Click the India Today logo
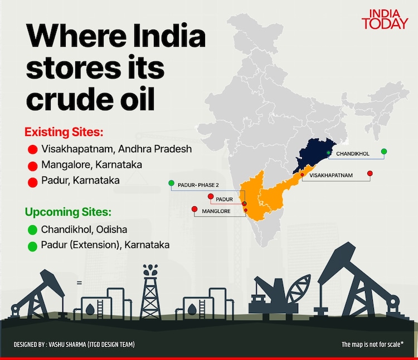384,18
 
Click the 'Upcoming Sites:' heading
67,212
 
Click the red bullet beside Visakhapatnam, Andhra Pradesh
32,149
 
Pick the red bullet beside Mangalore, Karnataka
32,166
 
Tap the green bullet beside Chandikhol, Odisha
32,229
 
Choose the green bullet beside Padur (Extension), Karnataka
32,245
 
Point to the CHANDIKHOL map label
353,154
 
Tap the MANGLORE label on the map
216,211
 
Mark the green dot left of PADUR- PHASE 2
172,183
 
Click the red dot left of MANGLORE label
194,210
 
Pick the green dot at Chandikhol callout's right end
384,152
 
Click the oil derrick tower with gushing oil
150,293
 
